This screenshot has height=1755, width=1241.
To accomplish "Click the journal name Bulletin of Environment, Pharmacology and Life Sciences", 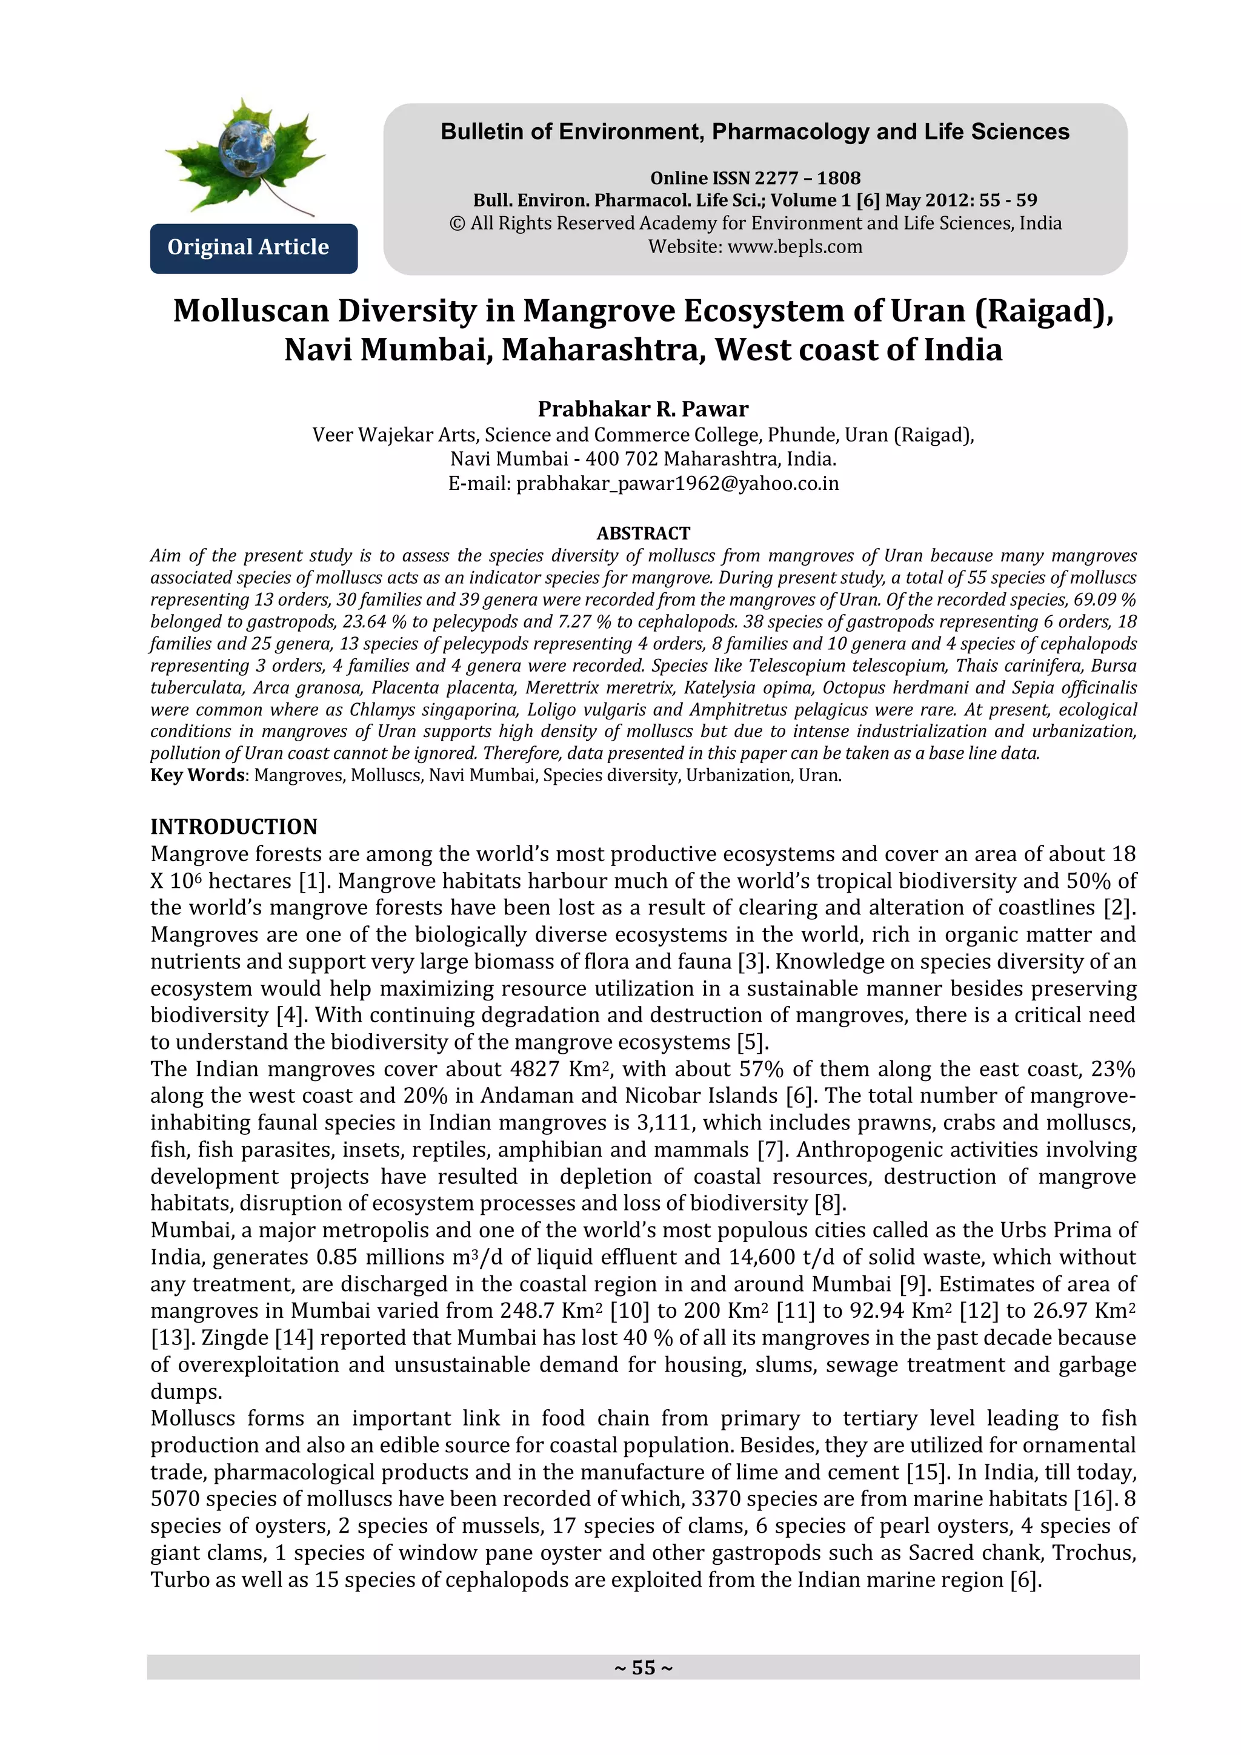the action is click(x=754, y=132).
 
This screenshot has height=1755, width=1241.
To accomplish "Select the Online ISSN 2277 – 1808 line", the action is click(x=754, y=178).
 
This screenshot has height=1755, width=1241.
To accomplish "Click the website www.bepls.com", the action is click(x=794, y=247).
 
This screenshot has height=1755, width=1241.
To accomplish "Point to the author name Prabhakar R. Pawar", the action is click(x=642, y=409).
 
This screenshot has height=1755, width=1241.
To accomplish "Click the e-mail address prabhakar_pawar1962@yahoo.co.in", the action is click(x=677, y=484).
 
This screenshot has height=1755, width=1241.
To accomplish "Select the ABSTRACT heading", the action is click(x=642, y=533).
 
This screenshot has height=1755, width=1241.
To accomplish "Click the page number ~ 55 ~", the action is click(x=642, y=1667).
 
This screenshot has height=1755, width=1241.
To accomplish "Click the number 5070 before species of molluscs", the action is click(x=175, y=1499).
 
